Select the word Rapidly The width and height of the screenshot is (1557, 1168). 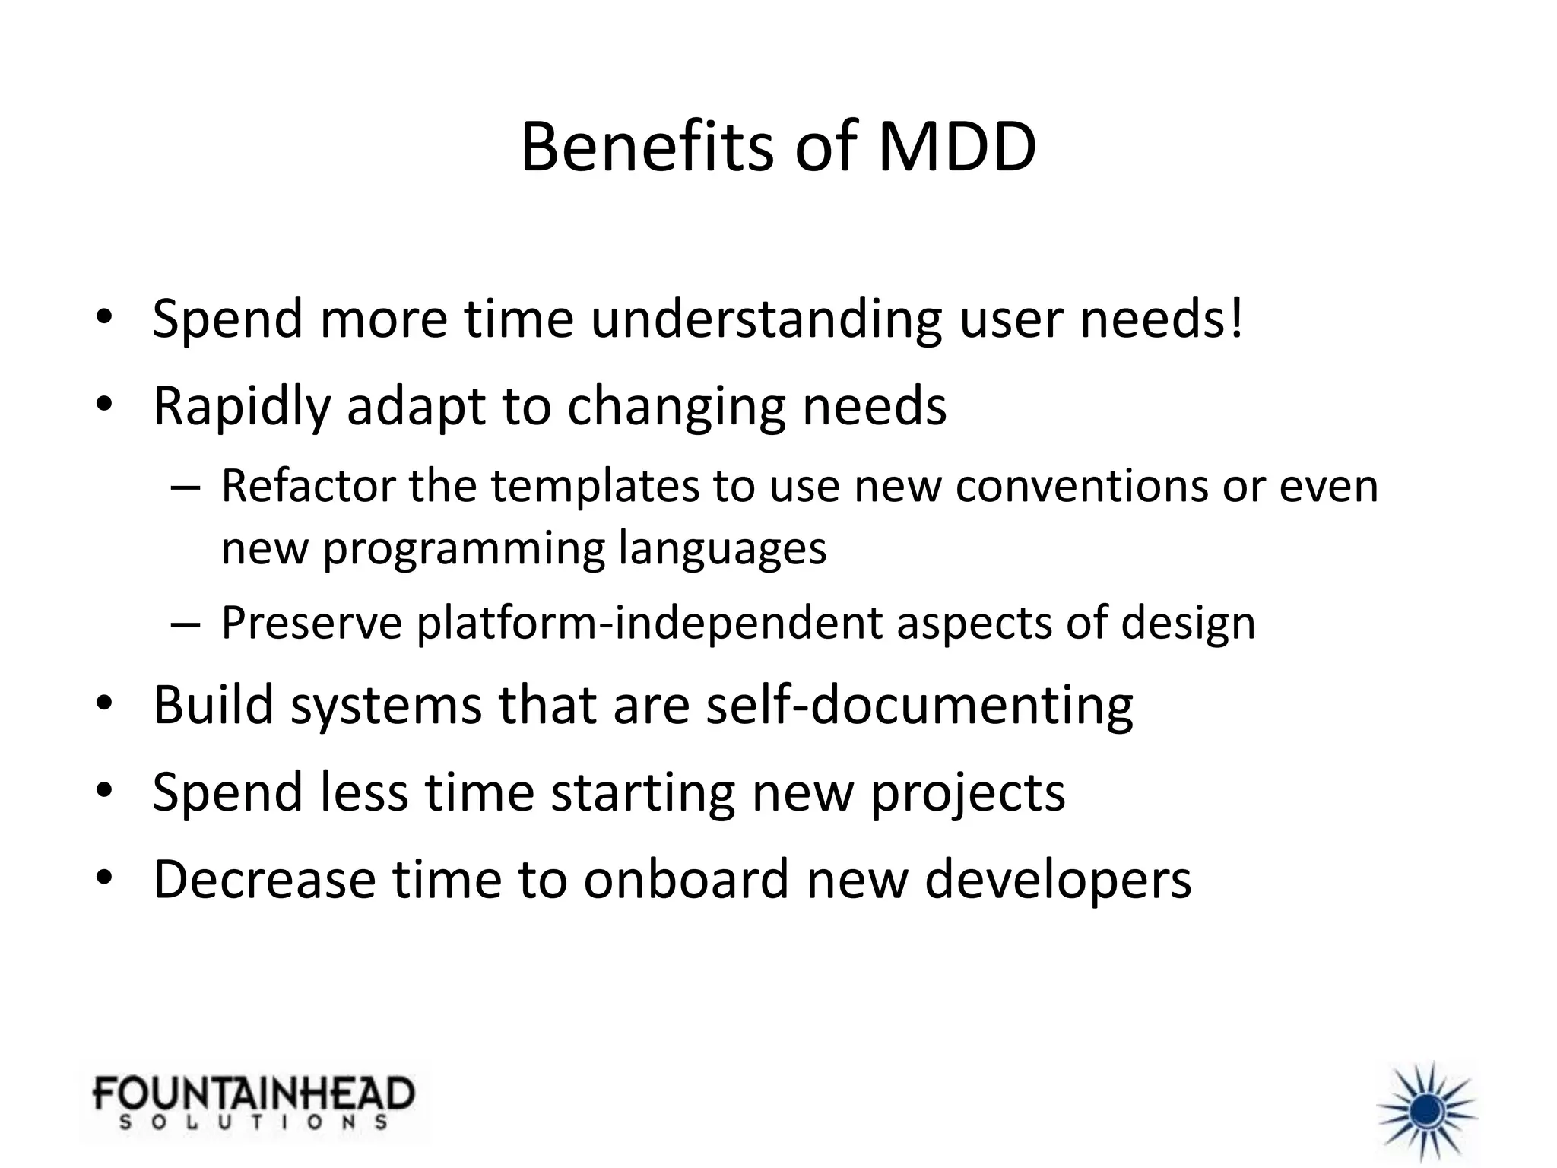(241, 406)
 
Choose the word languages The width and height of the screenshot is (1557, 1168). (721, 549)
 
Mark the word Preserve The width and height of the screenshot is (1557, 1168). (311, 623)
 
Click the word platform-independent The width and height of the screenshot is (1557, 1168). (649, 624)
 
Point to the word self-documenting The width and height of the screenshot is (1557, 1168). (919, 705)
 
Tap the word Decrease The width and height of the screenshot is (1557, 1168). (264, 879)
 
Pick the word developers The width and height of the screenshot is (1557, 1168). (1058, 881)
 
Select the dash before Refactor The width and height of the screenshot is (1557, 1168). (186, 487)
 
